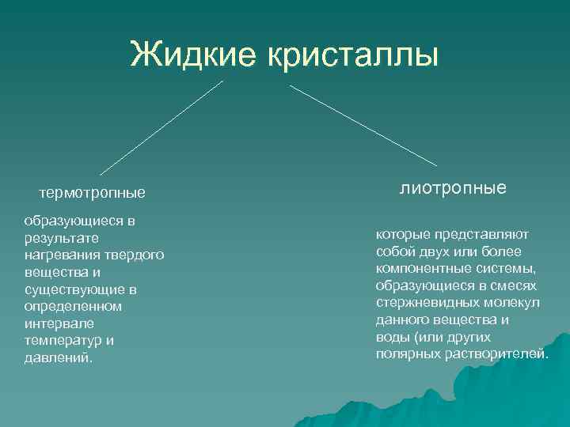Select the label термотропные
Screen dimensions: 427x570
tap(93, 192)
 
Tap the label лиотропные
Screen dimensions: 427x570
tap(453, 188)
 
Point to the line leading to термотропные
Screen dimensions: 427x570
tap(161, 127)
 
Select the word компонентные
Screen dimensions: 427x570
tap(417, 269)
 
